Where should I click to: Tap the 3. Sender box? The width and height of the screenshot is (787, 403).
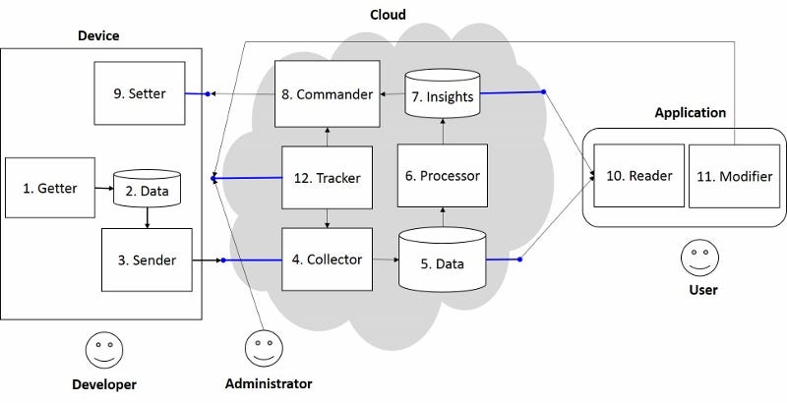tap(146, 259)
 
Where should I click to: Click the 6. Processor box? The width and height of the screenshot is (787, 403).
tap(442, 177)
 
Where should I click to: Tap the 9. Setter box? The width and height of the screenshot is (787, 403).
tap(139, 93)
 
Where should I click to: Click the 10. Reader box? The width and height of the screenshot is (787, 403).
tap(637, 176)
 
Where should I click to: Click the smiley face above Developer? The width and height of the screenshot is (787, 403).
tap(103, 349)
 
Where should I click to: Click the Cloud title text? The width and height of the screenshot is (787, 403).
tap(387, 15)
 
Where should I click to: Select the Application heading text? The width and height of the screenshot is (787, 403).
tap(690, 113)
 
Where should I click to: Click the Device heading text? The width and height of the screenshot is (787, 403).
tap(99, 35)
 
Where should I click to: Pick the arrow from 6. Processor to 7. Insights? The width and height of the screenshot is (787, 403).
tap(442, 130)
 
